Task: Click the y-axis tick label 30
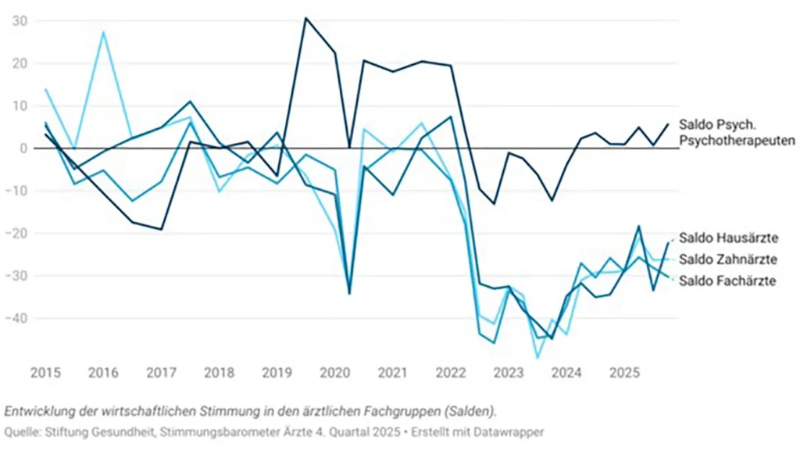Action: click(20, 21)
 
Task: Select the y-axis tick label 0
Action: click(23, 149)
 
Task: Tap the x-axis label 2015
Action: click(45, 372)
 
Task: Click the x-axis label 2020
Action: click(334, 372)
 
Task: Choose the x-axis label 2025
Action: click(623, 372)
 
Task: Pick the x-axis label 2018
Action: click(219, 372)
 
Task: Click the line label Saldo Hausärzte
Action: click(727, 238)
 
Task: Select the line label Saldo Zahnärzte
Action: click(727, 260)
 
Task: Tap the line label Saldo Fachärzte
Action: click(727, 281)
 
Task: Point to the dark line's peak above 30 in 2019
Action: click(306, 18)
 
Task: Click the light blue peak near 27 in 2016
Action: click(103, 32)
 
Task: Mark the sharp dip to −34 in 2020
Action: click(349, 293)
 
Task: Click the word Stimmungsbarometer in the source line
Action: click(216, 431)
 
